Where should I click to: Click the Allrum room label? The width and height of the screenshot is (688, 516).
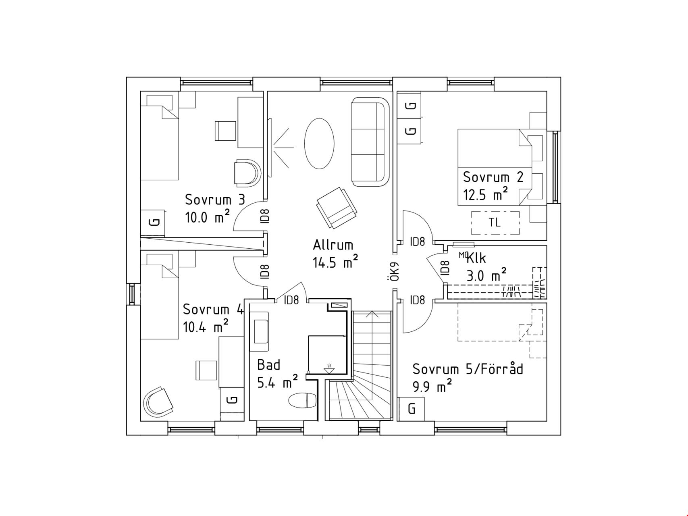pyautogui.click(x=333, y=245)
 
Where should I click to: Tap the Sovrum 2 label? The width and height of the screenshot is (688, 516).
pyautogui.click(x=493, y=177)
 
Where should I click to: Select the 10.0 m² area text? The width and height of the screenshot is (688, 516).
pyautogui.click(x=207, y=217)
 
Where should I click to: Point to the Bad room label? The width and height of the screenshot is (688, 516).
pyautogui.click(x=268, y=365)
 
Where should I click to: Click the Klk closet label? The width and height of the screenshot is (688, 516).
pyautogui.click(x=477, y=258)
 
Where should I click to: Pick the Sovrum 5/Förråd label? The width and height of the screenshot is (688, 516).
pyautogui.click(x=468, y=369)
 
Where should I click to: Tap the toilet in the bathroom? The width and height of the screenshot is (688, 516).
pyautogui.click(x=303, y=401)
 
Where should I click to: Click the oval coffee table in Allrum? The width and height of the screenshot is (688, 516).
pyautogui.click(x=319, y=144)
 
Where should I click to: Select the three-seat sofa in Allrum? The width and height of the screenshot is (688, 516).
pyautogui.click(x=370, y=142)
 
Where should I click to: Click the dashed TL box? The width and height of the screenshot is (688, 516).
pyautogui.click(x=495, y=223)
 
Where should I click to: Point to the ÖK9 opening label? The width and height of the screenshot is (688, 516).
pyautogui.click(x=395, y=272)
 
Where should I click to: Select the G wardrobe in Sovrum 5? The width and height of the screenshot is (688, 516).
pyautogui.click(x=411, y=409)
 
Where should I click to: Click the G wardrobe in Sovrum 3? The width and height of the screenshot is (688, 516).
pyautogui.click(x=153, y=222)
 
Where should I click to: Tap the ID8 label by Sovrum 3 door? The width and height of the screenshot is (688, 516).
pyautogui.click(x=264, y=216)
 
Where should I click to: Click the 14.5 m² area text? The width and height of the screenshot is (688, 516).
pyautogui.click(x=335, y=262)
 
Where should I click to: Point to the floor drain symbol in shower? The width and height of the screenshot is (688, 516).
pyautogui.click(x=329, y=368)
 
